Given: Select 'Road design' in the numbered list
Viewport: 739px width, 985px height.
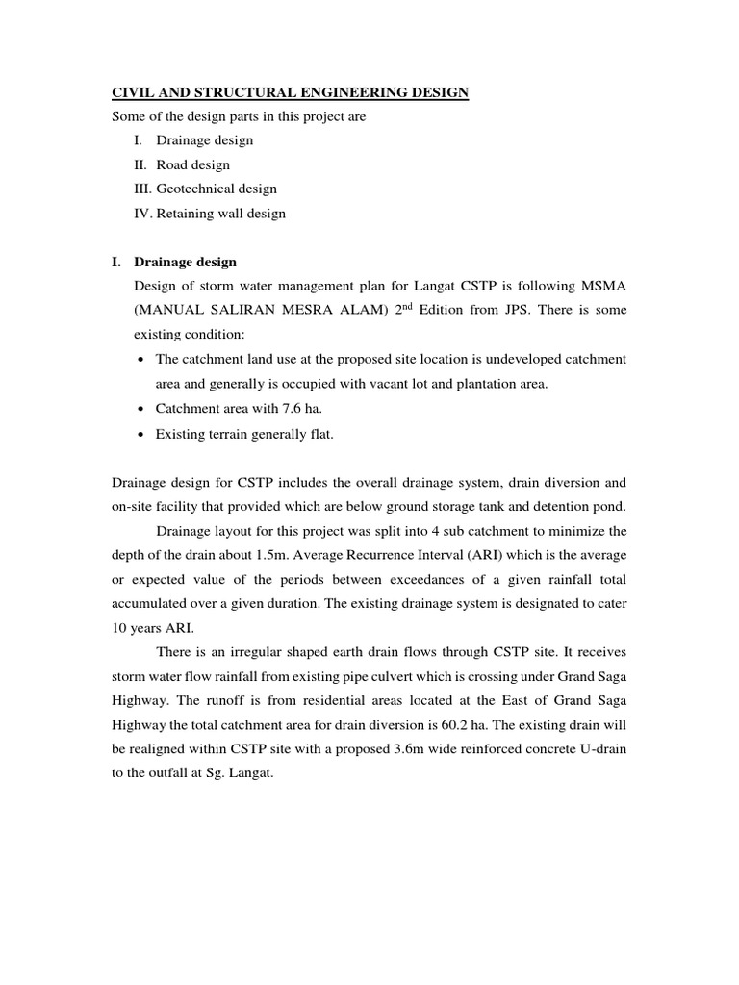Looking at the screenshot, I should [193, 164].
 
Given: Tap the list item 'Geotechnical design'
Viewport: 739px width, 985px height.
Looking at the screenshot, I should [217, 189].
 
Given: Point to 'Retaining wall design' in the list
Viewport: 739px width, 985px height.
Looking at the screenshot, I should [221, 214].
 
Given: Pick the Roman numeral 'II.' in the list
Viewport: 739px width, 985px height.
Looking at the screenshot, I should [140, 164].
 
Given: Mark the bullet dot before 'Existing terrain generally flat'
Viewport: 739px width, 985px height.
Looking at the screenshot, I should [141, 435].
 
